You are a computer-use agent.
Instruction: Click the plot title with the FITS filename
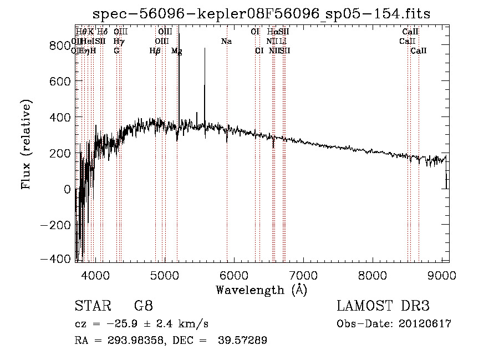click(261, 13)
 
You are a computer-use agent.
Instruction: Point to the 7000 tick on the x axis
click(303, 275)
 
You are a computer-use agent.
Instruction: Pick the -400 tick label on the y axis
click(56, 259)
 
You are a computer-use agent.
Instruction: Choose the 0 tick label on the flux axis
click(67, 189)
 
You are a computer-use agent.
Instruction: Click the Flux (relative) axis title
click(27, 144)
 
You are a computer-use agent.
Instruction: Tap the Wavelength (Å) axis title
click(262, 290)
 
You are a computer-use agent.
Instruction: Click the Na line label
click(226, 41)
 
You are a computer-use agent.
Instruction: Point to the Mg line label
click(177, 50)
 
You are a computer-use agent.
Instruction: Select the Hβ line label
click(155, 50)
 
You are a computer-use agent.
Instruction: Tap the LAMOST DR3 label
click(383, 306)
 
